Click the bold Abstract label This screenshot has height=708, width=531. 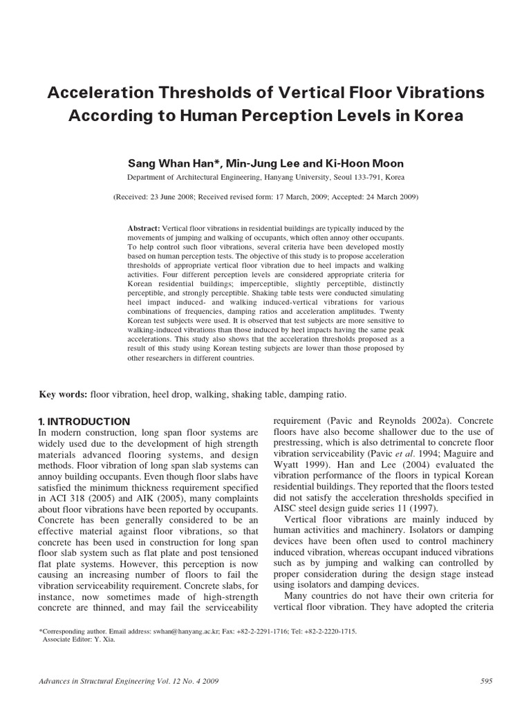[x=144, y=228]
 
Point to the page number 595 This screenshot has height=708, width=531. [x=485, y=682]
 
